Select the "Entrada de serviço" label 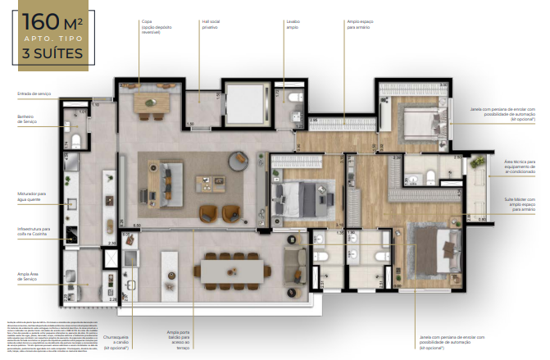point(34,94)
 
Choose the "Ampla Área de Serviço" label point(30,278)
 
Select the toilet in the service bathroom point(75,141)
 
